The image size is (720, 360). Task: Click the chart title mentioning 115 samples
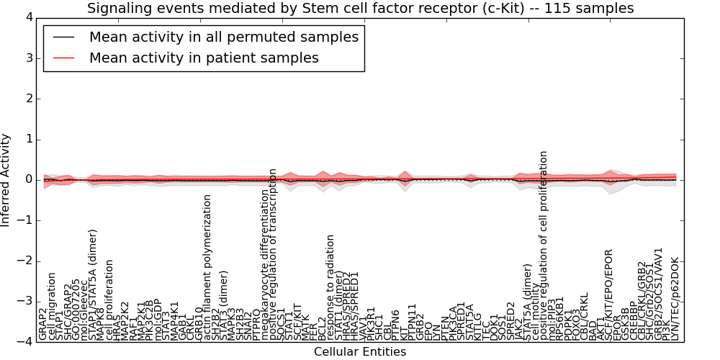tap(360, 8)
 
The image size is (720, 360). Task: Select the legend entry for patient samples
tap(204, 58)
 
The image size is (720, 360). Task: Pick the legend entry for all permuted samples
tap(223, 37)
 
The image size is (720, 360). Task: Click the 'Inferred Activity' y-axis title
tap(6, 180)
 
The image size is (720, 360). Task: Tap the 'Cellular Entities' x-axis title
tap(360, 351)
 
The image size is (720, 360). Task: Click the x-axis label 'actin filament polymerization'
tap(208, 266)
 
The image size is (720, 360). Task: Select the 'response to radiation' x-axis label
tap(330, 287)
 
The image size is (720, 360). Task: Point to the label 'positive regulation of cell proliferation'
tap(544, 245)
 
